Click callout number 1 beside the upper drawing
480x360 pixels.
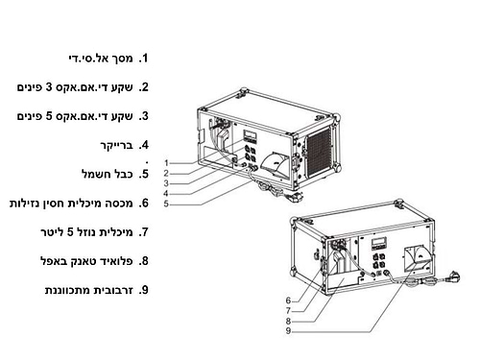pos(166,163)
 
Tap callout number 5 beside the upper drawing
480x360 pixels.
pos(166,204)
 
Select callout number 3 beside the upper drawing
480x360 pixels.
pos(166,183)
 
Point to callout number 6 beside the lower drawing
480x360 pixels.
pos(288,300)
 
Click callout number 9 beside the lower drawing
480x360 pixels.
pos(288,331)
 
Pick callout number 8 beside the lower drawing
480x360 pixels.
pos(288,321)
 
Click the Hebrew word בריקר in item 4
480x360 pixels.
pos(116,145)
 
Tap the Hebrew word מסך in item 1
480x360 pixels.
pos(124,59)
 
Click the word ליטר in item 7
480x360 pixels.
pos(52,232)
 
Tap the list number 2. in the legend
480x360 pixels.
pos(144,87)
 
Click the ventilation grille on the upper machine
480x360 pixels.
pos(320,152)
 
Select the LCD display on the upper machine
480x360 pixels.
pos(250,134)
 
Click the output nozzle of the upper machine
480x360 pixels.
pos(276,163)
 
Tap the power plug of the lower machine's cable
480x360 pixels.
pos(453,276)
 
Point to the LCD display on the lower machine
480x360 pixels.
pos(379,242)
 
